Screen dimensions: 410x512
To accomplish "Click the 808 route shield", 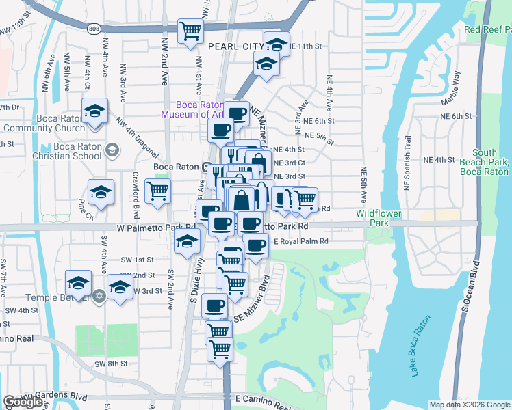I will click(93, 29).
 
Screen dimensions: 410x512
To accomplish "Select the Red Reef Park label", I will click(487, 29).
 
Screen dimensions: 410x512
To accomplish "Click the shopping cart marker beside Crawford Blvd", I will click(158, 191).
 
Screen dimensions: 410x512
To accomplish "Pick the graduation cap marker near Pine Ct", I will click(101, 191).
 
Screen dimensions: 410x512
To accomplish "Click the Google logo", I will click(23, 402).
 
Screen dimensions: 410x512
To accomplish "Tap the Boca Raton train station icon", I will click(207, 167).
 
